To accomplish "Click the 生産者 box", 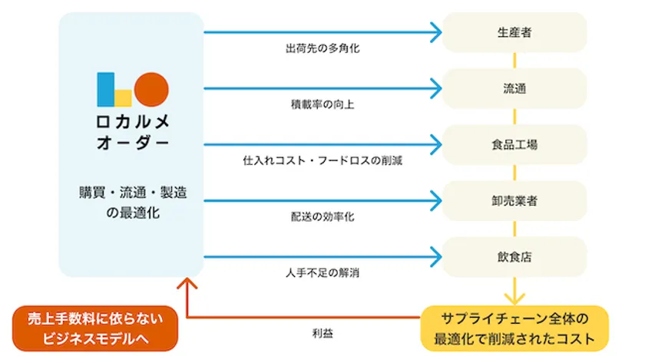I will tap(514, 32).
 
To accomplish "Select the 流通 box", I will tap(514, 88).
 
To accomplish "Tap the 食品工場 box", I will tap(514, 144).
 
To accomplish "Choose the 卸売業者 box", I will tap(514, 201).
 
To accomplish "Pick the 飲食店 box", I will tap(514, 257).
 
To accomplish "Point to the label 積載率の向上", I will tap(322, 104).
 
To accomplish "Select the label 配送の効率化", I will tap(322, 217).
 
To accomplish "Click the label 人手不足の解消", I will tap(322, 273).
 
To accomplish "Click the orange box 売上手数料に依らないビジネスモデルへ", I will tap(96, 328).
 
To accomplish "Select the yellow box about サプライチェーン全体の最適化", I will tap(514, 328).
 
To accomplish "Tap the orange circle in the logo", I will tap(150, 89).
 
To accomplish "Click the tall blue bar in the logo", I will tap(105, 89).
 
